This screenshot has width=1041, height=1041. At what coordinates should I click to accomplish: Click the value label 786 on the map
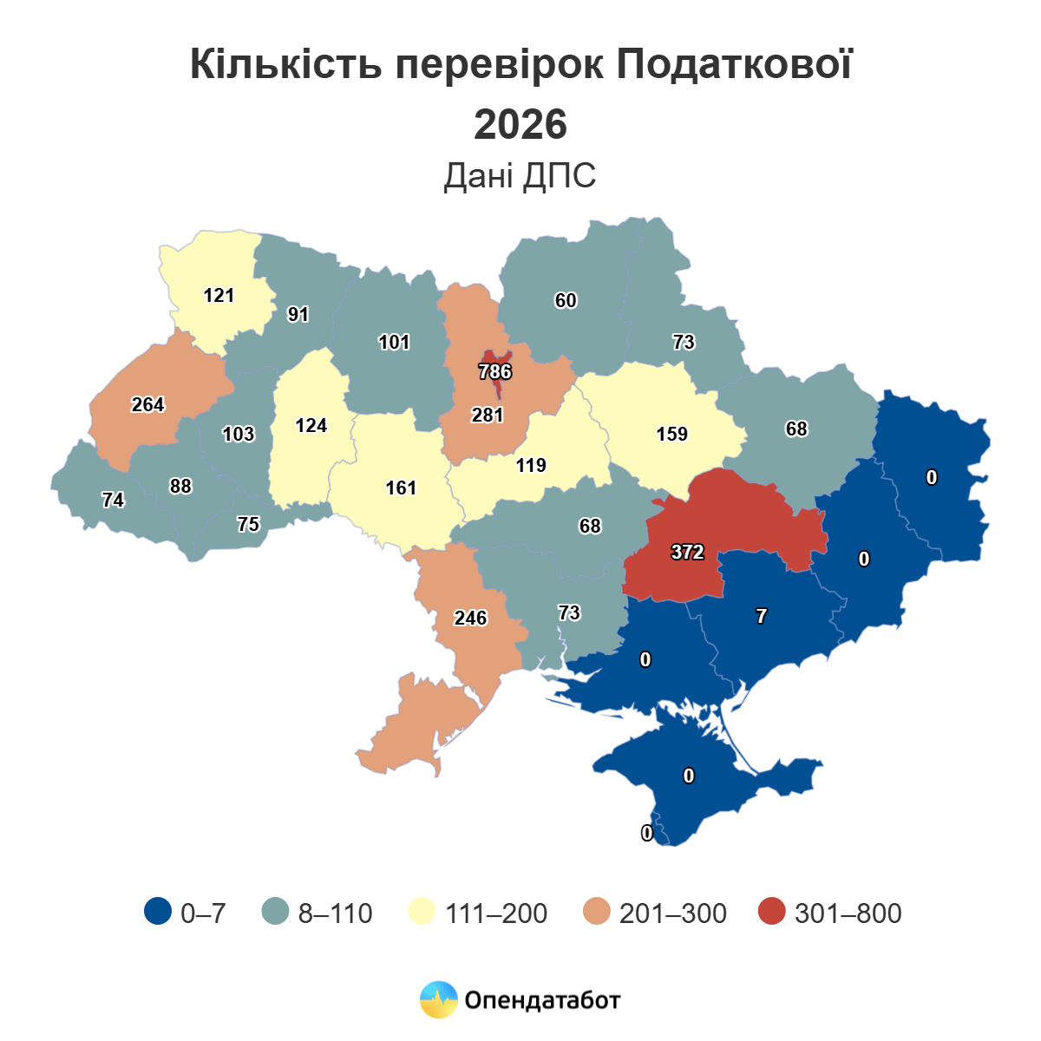point(494,372)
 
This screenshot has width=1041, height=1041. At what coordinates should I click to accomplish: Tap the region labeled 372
point(688,552)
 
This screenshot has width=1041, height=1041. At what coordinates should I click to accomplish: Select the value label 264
point(147,404)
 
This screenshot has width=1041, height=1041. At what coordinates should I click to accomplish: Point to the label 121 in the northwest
point(219,295)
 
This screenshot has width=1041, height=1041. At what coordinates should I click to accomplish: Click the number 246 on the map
point(470,618)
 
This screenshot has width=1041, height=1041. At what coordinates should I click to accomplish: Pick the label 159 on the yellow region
point(671,433)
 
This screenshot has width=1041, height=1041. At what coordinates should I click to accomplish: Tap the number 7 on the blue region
point(761,616)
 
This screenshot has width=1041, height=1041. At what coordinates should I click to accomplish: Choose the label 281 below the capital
point(487,415)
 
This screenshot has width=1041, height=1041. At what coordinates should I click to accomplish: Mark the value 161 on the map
point(401,488)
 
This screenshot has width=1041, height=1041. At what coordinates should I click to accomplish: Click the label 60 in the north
point(566,300)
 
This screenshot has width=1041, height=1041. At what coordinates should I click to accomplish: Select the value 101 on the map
point(394,342)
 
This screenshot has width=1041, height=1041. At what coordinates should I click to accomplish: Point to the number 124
point(311,425)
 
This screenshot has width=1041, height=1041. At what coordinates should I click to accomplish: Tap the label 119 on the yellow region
point(530,465)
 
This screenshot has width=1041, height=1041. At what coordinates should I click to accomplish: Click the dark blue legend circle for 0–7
point(158,912)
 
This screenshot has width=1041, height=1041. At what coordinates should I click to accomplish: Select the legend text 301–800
point(848,913)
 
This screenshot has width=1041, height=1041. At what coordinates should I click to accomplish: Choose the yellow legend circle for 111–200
point(422,912)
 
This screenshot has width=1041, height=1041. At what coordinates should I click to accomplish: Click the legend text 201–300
point(672,913)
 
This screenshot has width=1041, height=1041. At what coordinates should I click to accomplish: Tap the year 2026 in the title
point(520,124)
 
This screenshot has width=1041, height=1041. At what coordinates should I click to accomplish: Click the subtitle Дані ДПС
point(520,175)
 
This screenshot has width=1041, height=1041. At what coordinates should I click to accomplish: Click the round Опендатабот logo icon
point(438,999)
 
